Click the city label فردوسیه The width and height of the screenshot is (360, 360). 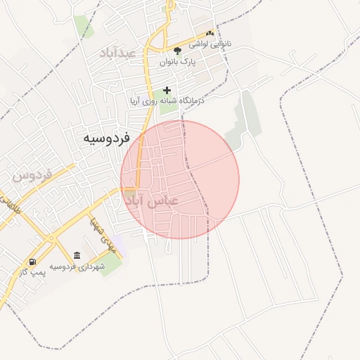(x=111, y=137)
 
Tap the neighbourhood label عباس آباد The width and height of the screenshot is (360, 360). (x=151, y=200)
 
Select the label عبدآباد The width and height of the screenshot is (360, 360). (x=117, y=53)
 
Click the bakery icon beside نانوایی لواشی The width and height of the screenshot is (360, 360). (x=210, y=33)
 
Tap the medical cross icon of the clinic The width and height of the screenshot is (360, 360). (x=167, y=89)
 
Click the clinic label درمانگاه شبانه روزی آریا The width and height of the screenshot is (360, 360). (x=166, y=101)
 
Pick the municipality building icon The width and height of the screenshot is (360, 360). (x=77, y=255)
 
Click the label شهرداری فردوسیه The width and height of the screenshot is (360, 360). (x=77, y=266)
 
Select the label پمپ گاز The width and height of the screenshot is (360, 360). (x=33, y=272)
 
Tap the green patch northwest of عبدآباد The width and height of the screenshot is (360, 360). (x=84, y=27)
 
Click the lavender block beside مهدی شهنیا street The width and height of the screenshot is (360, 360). (x=116, y=243)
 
